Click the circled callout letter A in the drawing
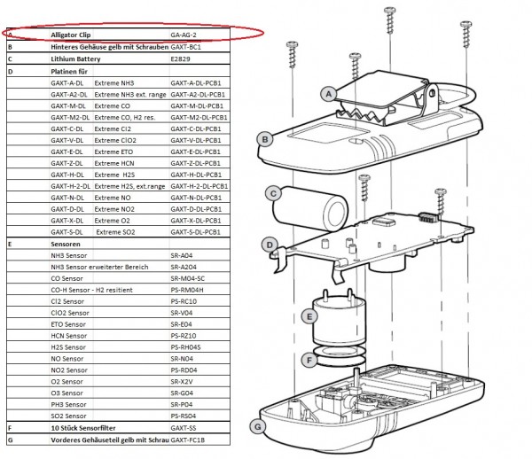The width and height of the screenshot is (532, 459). [328, 93]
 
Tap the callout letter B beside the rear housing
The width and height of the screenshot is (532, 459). [264, 138]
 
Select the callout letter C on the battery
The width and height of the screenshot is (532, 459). [275, 192]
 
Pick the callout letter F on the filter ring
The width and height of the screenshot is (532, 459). [309, 360]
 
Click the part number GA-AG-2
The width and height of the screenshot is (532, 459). [184, 34]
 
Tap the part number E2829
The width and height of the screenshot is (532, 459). [181, 57]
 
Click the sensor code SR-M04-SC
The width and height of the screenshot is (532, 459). [187, 277]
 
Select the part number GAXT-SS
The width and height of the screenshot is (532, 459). [184, 427]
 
